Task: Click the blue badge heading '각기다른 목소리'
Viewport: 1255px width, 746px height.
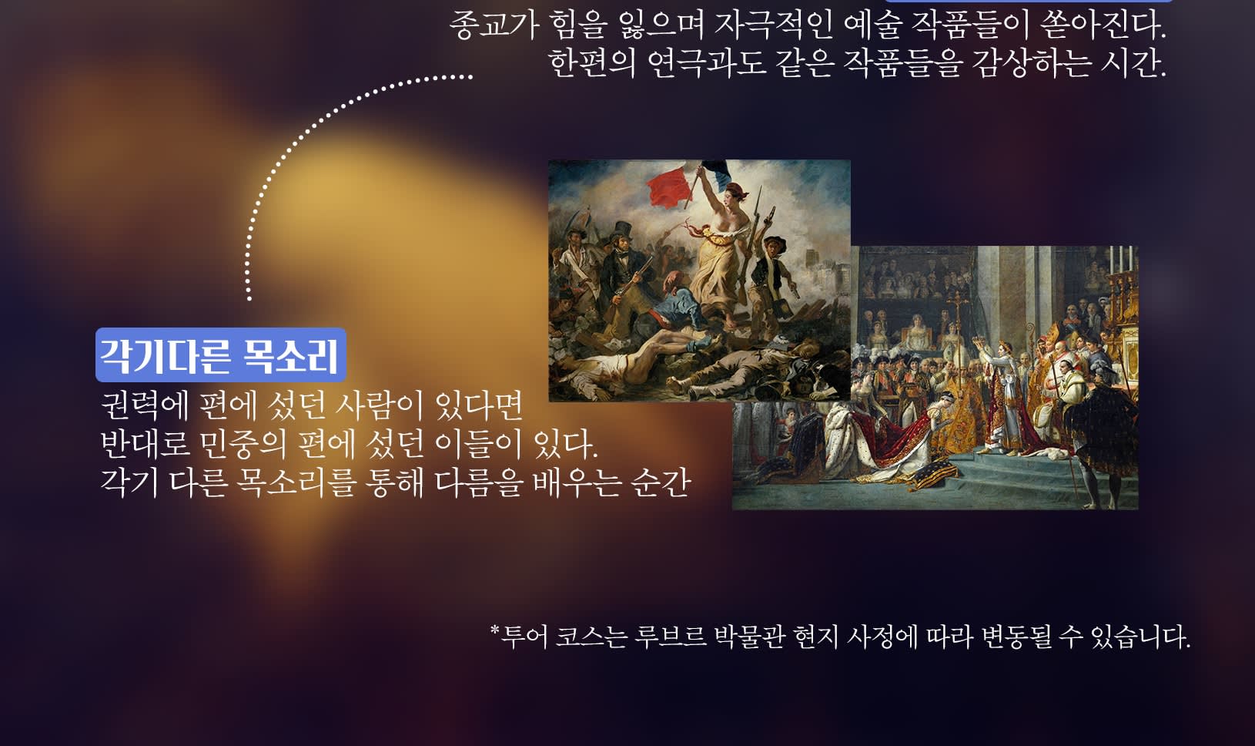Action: point(221,355)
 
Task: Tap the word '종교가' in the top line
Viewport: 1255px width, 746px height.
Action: point(493,25)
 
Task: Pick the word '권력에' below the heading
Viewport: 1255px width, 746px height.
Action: point(145,405)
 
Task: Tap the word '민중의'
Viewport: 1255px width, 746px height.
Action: point(242,444)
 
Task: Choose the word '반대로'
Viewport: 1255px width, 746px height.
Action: point(145,444)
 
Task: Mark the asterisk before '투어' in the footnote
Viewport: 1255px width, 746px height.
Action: point(495,630)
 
